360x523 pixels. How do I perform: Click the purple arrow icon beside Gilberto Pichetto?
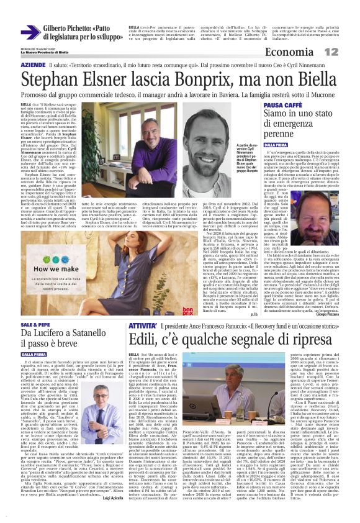coord(30,33)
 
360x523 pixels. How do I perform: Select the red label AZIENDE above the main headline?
coord(33,65)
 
